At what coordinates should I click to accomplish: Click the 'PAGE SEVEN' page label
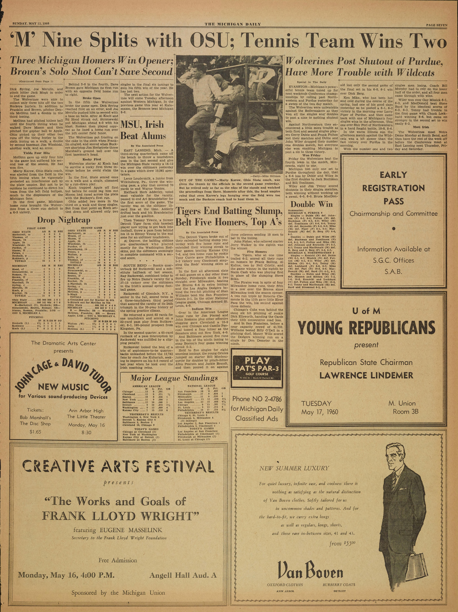(436, 25)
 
